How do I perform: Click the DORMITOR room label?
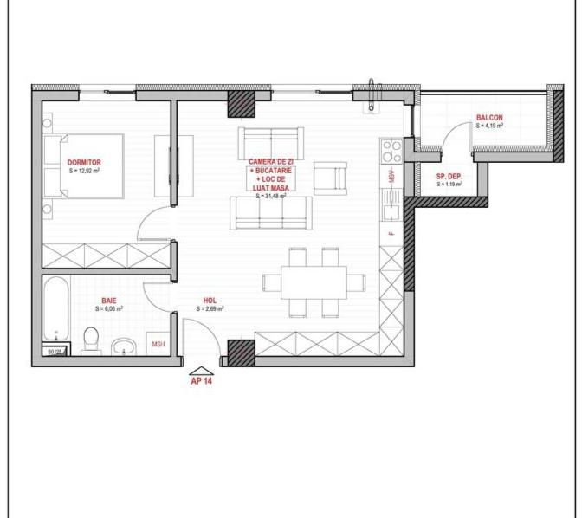[x=85, y=162]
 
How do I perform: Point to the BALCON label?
[x=489, y=118]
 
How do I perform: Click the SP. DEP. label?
[x=449, y=176]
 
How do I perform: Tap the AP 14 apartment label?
[x=202, y=379]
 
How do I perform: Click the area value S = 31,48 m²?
[x=271, y=197]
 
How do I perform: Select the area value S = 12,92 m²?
[x=85, y=171]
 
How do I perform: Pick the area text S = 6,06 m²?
[x=109, y=308]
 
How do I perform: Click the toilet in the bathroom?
[x=90, y=341]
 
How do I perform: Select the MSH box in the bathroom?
[x=158, y=343]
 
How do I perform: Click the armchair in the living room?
[x=331, y=177]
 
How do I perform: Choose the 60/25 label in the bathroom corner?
[x=55, y=352]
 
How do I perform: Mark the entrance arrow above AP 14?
[x=202, y=367]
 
